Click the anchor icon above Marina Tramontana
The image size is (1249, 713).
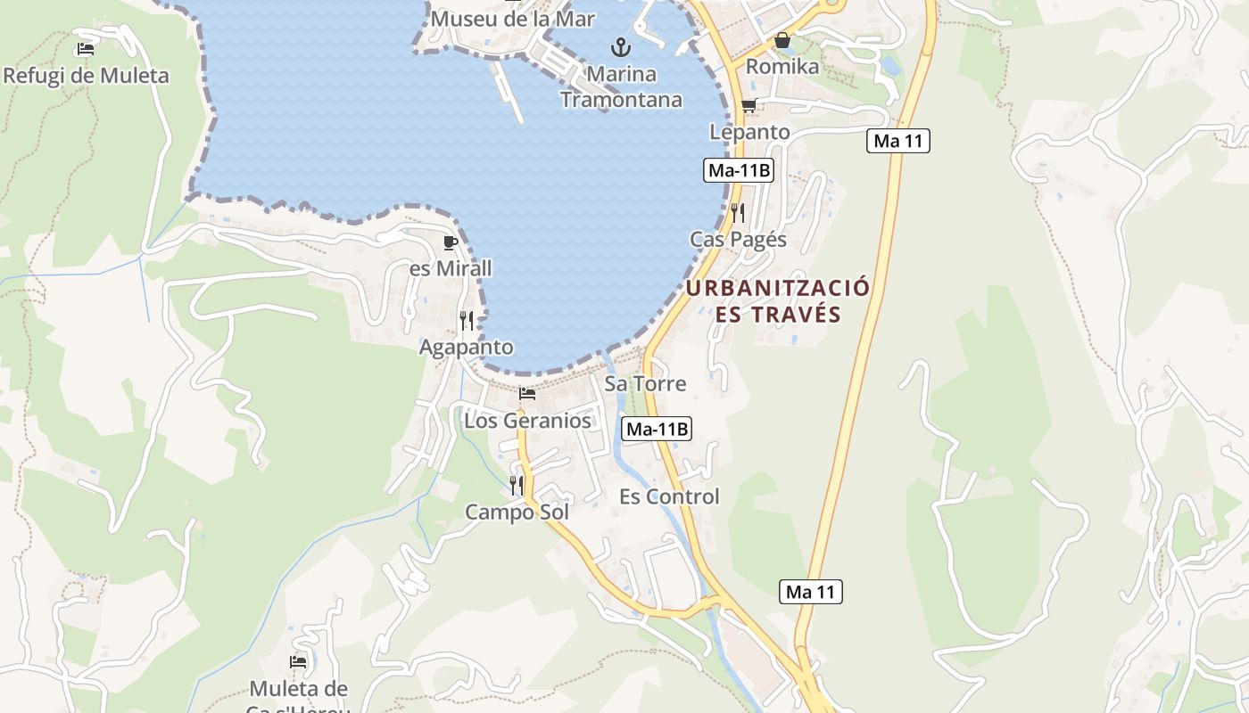pos(621,46)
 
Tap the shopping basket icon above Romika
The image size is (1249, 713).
pos(782,40)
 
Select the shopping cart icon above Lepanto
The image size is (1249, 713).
pos(749,106)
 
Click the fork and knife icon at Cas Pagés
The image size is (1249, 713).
pos(738,212)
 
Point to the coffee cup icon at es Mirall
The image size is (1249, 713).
pos(451,242)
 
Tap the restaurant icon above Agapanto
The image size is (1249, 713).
pos(467,320)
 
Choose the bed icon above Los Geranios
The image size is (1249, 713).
pos(527,393)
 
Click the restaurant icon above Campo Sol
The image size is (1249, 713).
pos(517,485)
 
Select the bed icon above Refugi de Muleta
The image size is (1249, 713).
pos(86,49)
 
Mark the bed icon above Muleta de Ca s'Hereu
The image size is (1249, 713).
pos(298,662)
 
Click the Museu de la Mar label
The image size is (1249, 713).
pos(512,18)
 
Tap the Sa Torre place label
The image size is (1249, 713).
pos(645,384)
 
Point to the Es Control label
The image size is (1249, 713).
pos(669,496)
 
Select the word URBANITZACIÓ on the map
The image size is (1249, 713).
pos(777,288)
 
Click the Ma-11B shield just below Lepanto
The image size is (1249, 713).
pos(738,170)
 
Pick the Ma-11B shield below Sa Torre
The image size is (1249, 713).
pos(657,429)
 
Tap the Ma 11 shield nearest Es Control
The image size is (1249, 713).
pos(811,591)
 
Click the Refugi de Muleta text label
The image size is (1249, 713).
pos(86,76)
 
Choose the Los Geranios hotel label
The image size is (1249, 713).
pos(527,421)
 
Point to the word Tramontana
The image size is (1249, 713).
pos(621,99)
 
